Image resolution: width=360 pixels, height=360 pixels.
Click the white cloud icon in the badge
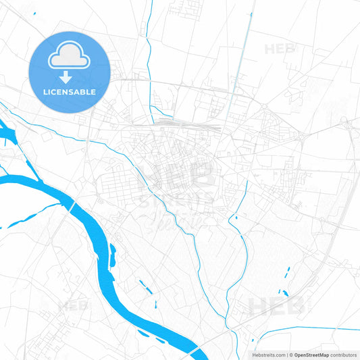[69, 57]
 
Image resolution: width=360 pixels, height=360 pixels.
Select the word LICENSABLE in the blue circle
[69, 91]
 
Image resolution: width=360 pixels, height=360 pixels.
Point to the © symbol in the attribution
[290, 355]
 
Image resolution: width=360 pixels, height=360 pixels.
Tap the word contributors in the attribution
[343, 355]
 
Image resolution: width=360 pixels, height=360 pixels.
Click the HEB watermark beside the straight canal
[278, 49]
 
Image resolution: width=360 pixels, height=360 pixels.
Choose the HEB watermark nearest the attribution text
[276, 307]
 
